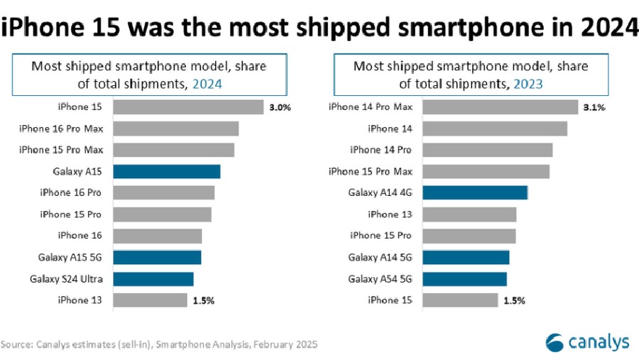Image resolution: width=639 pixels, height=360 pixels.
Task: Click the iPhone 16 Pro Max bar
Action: pos(175,129)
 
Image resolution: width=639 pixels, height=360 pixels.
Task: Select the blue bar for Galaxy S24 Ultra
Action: pos(153,278)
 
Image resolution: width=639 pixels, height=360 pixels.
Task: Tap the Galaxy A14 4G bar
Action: pos(474,192)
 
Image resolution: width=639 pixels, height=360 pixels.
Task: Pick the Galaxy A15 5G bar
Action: pos(157,257)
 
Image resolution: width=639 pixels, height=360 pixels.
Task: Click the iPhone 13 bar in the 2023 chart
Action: pos(469,214)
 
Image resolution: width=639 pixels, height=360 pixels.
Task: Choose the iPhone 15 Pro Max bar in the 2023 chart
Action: pos(486,171)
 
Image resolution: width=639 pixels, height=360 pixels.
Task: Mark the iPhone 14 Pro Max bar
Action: pos(500,107)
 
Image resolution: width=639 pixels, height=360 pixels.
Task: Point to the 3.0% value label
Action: pos(279,107)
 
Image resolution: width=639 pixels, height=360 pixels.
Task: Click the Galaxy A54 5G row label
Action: pos(381,278)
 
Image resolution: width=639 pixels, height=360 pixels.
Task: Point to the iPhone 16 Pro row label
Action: pos(71,192)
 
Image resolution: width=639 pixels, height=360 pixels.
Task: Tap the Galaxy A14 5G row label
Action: pos(381,257)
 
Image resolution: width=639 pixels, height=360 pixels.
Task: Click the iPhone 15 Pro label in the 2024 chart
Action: pos(71,214)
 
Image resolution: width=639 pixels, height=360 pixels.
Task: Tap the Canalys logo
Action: pos(586,342)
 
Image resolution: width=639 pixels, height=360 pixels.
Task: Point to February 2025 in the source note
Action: pos(280,344)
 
